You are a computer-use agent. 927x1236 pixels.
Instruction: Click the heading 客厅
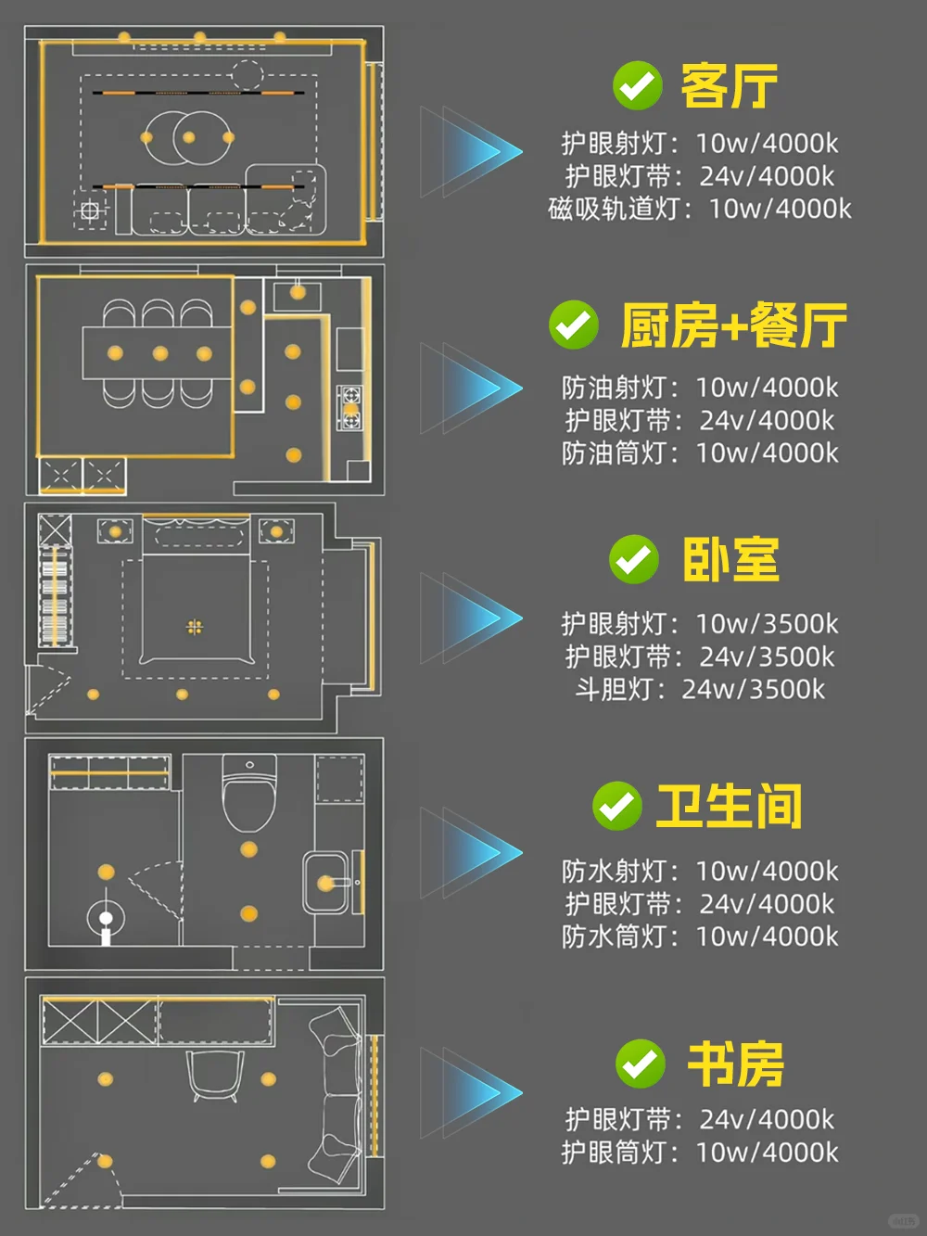[x=729, y=87]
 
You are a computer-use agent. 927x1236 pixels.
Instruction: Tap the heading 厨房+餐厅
[x=733, y=325]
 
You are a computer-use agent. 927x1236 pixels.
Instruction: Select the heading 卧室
[x=730, y=560]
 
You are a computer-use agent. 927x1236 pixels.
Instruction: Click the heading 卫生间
[x=729, y=806]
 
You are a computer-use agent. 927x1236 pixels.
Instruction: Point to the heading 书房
[x=735, y=1064]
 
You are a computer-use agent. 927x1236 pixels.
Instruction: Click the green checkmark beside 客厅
[x=637, y=86]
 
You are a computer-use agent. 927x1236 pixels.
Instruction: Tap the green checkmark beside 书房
[x=640, y=1064]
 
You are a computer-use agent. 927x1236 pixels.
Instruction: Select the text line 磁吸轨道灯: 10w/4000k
[x=699, y=209]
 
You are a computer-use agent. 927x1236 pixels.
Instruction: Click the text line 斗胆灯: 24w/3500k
[x=699, y=689]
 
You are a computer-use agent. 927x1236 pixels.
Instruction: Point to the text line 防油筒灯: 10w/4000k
[x=699, y=452]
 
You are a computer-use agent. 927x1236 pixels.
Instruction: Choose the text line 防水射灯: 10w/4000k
[x=699, y=871]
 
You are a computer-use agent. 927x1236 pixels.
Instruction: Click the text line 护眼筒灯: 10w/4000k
[x=699, y=1152]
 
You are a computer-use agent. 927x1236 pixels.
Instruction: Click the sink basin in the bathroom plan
[x=326, y=883]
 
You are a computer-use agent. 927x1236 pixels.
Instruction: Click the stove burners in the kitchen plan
[x=350, y=408]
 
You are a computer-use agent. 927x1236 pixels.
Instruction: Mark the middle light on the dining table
[x=159, y=353]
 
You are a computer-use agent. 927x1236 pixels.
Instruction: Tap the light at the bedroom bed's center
[x=195, y=628]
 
